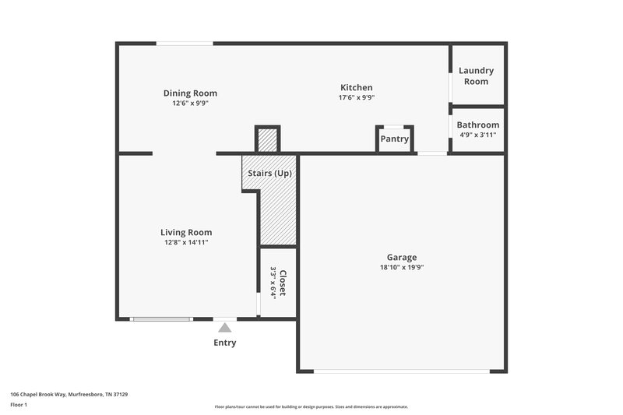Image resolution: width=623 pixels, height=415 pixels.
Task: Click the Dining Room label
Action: coord(190,93)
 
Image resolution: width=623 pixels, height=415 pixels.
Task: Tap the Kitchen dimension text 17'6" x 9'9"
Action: coord(356,98)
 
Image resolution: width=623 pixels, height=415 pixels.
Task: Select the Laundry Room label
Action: coord(477,76)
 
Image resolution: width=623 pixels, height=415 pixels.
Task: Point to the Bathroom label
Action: coord(477,125)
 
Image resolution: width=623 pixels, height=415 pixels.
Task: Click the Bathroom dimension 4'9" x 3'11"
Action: coord(477,135)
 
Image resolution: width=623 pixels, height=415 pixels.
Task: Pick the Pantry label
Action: coord(394,139)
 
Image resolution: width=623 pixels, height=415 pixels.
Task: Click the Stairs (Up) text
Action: coord(269,173)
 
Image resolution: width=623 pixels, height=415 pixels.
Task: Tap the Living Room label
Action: coord(186,232)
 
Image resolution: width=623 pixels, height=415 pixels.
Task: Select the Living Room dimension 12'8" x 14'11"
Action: coord(186,242)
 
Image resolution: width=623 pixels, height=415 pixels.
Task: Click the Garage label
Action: coord(402,257)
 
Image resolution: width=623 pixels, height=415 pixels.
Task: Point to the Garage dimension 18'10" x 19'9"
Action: coord(402,267)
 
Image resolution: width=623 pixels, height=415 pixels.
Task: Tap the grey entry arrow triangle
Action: coord(225,328)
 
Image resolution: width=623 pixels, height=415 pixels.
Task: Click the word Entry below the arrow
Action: coord(225,343)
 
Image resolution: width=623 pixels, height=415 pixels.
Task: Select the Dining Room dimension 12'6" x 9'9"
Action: coord(190,103)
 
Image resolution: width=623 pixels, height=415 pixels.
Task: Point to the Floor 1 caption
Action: coord(19,405)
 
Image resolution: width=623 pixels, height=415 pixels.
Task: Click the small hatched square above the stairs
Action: coord(267,140)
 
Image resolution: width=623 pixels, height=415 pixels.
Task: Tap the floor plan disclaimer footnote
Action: coord(311,406)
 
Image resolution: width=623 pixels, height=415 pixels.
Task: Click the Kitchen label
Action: coord(356,88)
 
